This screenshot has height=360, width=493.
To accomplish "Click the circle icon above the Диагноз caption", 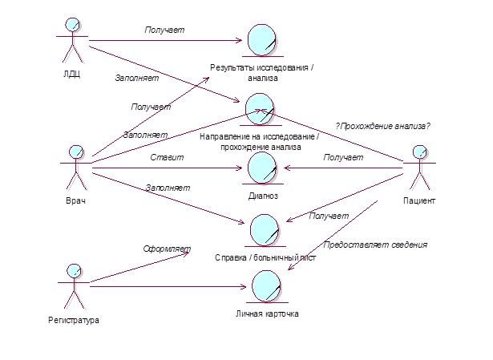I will [263, 169].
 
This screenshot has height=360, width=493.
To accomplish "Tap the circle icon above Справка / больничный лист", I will [266, 230].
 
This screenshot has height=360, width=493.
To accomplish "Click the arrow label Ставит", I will [167, 158].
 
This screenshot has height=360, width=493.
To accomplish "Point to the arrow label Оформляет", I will [166, 249].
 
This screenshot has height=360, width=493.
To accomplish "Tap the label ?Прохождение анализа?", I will [382, 126].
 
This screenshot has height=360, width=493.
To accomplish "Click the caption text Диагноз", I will [264, 195].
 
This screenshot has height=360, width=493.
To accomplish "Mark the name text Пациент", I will [418, 200].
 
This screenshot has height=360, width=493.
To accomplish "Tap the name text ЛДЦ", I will [72, 76].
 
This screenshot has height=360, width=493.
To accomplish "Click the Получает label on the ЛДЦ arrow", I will [164, 30].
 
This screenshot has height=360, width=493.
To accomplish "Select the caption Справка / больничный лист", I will [265, 258].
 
